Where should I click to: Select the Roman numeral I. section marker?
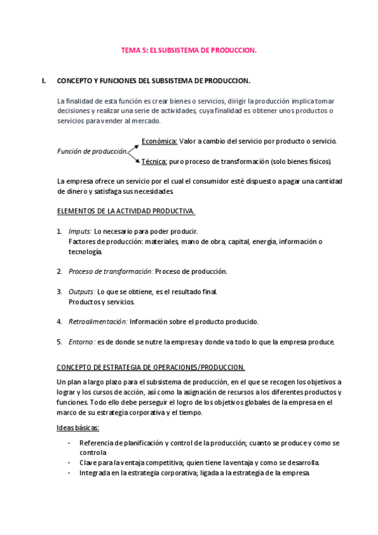[x=44, y=81]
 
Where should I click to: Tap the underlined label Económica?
[x=159, y=141]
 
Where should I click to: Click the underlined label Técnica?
[x=154, y=162]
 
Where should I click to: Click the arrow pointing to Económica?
[x=134, y=146]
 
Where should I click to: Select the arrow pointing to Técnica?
[x=134, y=157]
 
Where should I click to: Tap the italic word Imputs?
[x=80, y=232]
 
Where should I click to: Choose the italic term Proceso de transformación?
[x=110, y=271]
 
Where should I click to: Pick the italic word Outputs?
[x=82, y=291]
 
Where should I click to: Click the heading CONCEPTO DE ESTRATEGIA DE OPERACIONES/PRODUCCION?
[x=151, y=367]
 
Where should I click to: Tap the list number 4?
[x=59, y=321]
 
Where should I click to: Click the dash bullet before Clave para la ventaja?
[x=68, y=462]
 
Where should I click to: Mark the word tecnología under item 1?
[x=85, y=252]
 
